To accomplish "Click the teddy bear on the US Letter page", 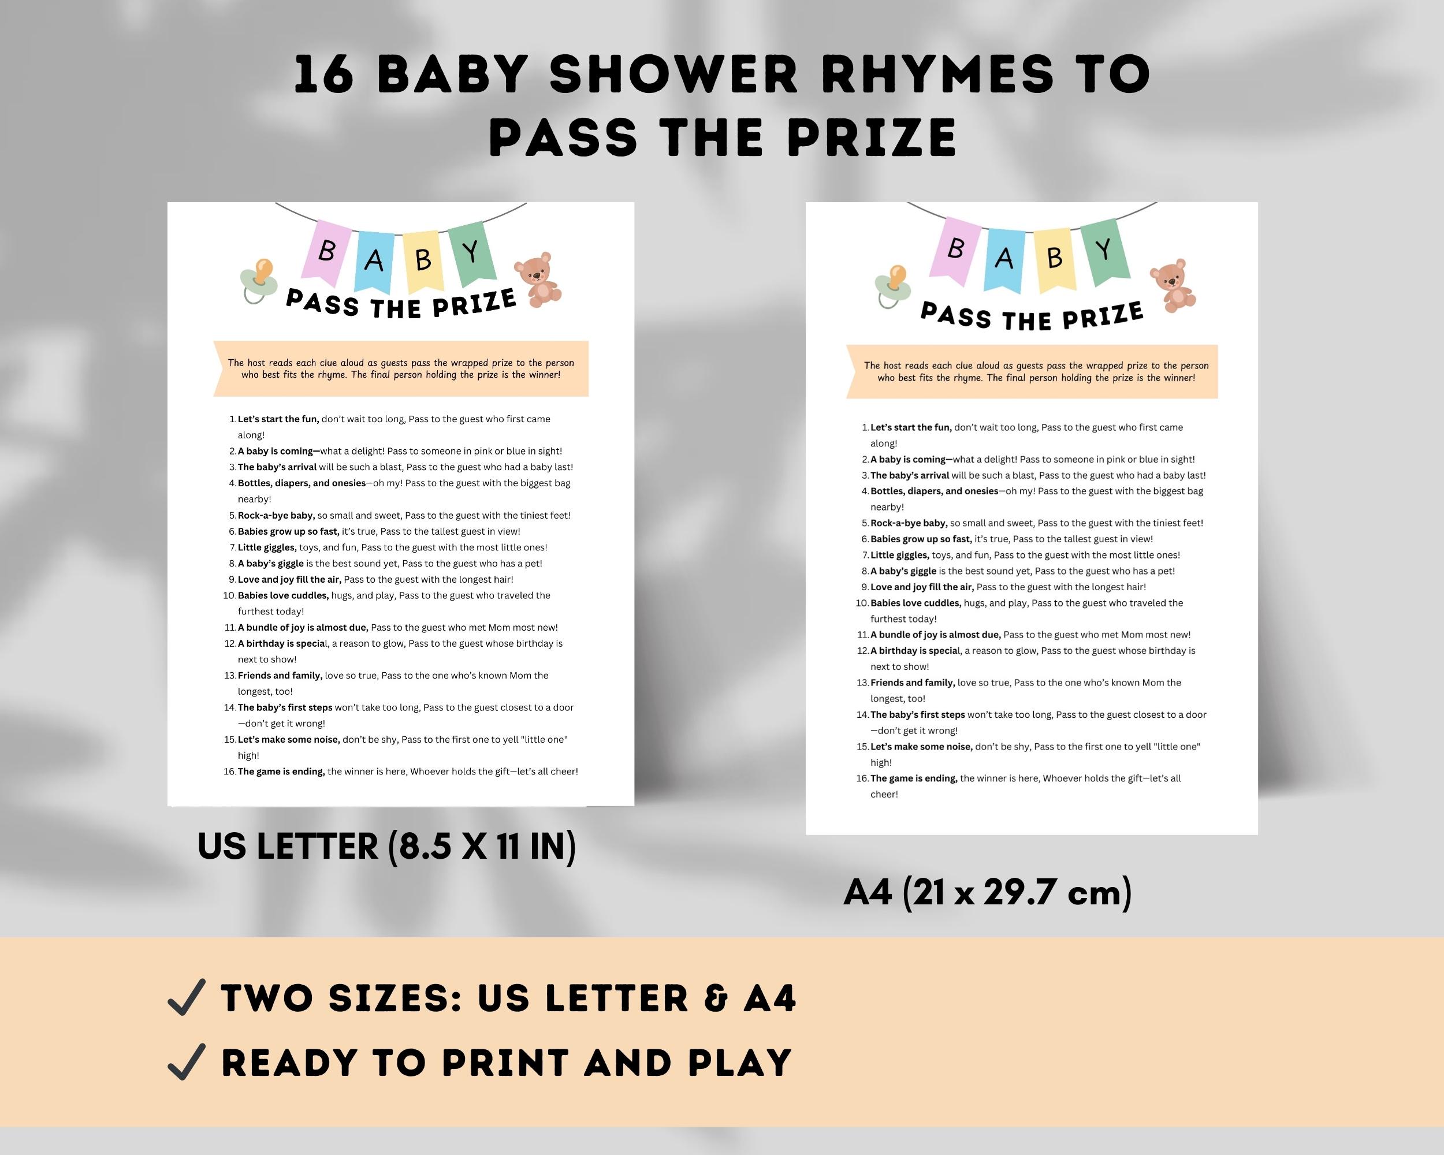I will point(537,280).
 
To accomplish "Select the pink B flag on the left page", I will point(327,251).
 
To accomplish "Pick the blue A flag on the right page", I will point(1004,259).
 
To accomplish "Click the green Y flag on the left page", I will point(471,252).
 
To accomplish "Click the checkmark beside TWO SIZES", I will point(186,998).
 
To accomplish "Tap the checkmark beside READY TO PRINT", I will point(186,1063).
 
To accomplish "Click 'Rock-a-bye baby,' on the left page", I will point(276,516).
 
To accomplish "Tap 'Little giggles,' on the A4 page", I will point(899,555).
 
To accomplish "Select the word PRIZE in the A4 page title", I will point(1103,316).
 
